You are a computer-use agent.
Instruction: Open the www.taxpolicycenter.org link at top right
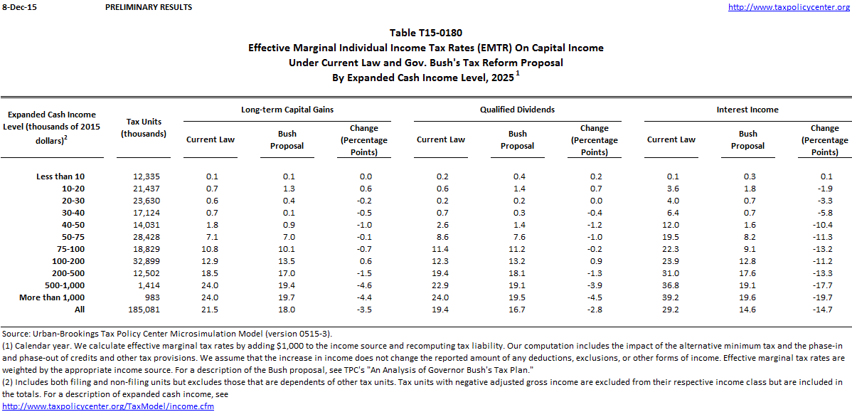pos(789,7)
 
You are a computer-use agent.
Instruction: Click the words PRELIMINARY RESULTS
pos(148,7)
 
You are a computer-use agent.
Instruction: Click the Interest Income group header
pos(747,110)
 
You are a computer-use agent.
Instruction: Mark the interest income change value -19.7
pos(824,297)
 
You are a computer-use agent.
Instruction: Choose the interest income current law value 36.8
pos(671,285)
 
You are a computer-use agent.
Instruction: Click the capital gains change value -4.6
pos(364,285)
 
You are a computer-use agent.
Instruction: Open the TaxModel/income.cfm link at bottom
pos(108,406)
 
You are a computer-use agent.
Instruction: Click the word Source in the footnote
pos(15,333)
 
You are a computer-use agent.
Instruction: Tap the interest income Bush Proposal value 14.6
pos(747,310)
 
